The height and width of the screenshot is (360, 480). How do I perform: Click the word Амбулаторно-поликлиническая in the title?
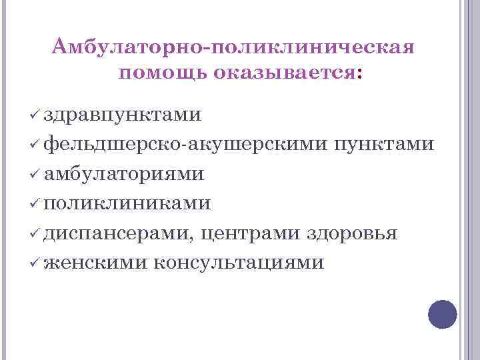233,48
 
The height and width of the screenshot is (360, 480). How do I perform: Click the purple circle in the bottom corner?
442,314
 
